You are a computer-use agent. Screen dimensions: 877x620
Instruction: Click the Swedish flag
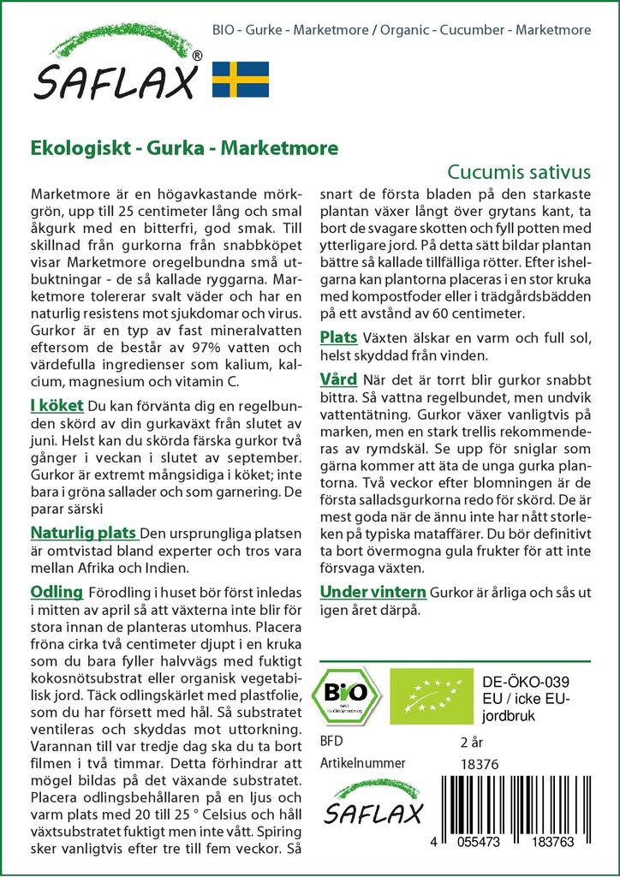pos(240,78)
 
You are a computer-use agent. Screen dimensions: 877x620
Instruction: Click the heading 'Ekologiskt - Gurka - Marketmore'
pos(184,147)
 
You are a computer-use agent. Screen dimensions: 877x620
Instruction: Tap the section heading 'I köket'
pos(57,405)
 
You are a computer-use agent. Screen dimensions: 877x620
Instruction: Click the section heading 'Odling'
pos(57,592)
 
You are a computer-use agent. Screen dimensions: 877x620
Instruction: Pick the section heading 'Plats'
pos(338,337)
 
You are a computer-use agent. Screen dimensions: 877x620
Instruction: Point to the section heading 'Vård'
pos(338,379)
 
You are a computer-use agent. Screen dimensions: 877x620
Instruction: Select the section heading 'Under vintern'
pos(373,592)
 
